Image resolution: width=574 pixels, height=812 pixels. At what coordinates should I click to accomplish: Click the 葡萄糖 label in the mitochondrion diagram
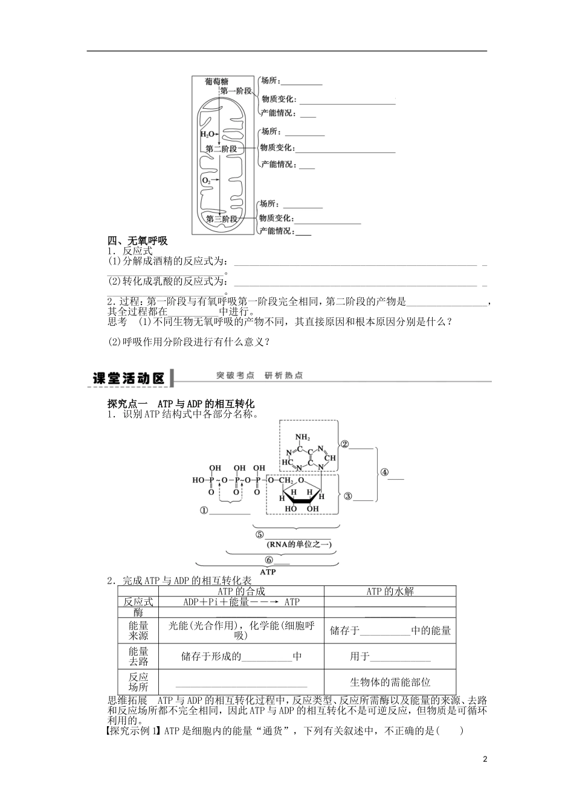tap(216, 81)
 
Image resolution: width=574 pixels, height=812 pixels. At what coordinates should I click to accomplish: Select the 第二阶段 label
tap(221, 149)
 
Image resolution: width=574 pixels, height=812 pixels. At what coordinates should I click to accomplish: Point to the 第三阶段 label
tap(221, 219)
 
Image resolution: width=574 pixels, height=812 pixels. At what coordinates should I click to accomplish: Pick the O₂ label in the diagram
tap(206, 181)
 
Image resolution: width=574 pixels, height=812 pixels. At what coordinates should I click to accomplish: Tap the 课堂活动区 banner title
tap(129, 378)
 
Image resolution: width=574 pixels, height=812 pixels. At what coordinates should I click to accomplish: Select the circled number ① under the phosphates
tap(204, 511)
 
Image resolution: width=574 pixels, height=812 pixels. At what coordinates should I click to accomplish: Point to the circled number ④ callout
tap(384, 474)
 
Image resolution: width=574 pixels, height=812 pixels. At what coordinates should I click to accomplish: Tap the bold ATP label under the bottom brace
tap(267, 572)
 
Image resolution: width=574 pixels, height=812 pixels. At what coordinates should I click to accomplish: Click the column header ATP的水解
tap(390, 591)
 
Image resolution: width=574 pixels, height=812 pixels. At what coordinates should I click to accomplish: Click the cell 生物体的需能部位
tap(390, 682)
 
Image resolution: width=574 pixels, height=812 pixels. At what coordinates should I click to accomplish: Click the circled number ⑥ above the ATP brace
tap(269, 559)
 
